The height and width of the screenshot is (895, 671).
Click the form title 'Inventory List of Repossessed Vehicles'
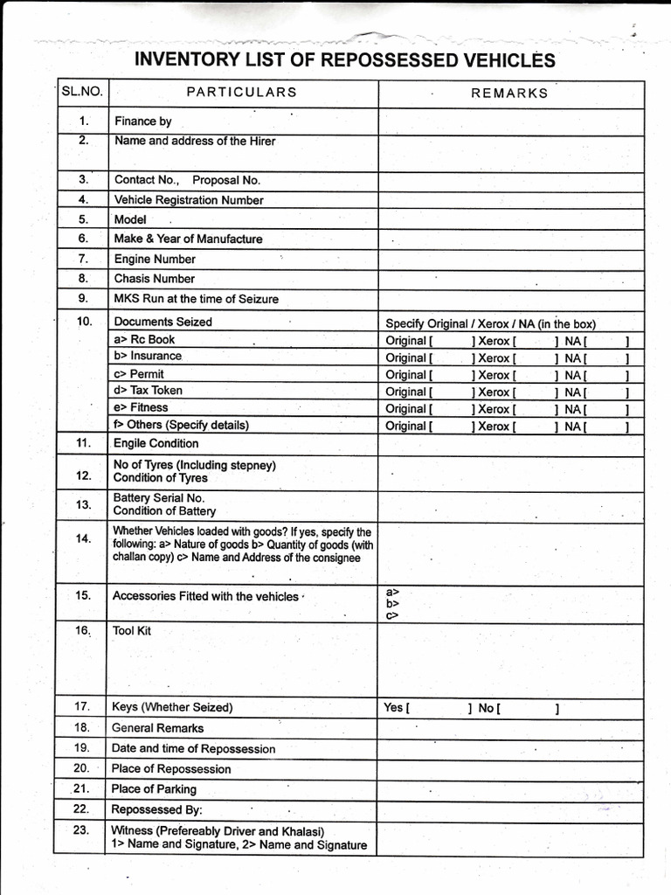pyautogui.click(x=344, y=60)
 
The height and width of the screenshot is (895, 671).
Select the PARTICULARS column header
pyautogui.click(x=241, y=93)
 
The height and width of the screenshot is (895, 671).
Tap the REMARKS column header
pyautogui.click(x=509, y=94)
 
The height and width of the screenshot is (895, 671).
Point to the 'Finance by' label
pyautogui.click(x=142, y=121)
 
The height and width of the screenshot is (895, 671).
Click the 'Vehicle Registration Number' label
pyautogui.click(x=189, y=200)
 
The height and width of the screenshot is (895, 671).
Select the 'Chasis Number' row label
pyautogui.click(x=155, y=279)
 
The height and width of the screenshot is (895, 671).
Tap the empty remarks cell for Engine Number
pyautogui.click(x=510, y=259)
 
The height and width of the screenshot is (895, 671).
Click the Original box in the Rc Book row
pyautogui.click(x=451, y=341)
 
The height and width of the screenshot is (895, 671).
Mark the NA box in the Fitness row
pyautogui.click(x=606, y=409)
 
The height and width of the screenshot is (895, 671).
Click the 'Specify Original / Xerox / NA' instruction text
pyautogui.click(x=491, y=323)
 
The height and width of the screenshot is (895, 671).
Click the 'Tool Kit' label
pyautogui.click(x=132, y=630)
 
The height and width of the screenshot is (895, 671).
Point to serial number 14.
pyautogui.click(x=83, y=538)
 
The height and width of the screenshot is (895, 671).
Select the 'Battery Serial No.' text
pyautogui.click(x=159, y=497)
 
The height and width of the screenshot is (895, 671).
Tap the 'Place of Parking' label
pyautogui.click(x=154, y=789)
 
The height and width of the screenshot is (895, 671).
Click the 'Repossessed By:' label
pyautogui.click(x=156, y=809)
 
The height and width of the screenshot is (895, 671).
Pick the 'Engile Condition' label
pyautogui.click(x=156, y=443)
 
